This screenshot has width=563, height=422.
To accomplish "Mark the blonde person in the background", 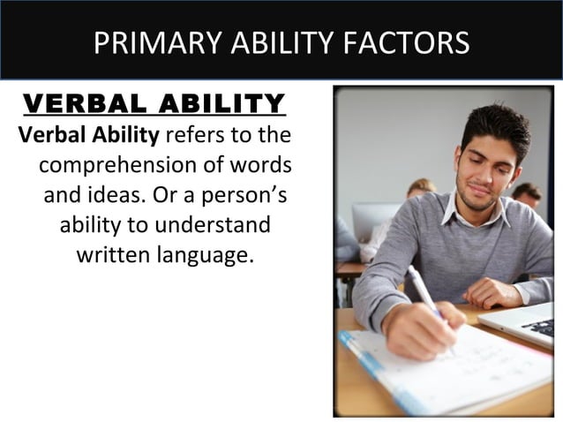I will coord(420,189).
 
